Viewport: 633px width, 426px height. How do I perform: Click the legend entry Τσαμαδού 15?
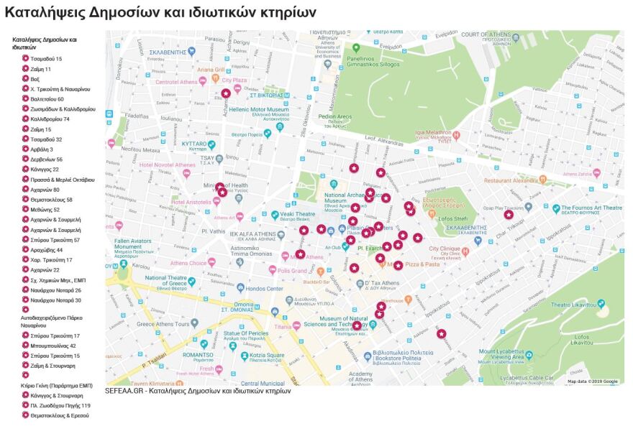point(45,59)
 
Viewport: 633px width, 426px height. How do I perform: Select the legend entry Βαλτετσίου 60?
point(47,99)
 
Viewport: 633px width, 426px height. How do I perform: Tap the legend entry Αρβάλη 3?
point(42,149)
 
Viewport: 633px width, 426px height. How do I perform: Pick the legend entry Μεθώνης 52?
point(45,210)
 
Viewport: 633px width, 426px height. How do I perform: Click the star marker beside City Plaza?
point(226,93)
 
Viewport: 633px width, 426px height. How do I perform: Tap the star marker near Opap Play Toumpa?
point(509,214)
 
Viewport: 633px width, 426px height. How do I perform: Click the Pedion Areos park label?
point(334,116)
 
